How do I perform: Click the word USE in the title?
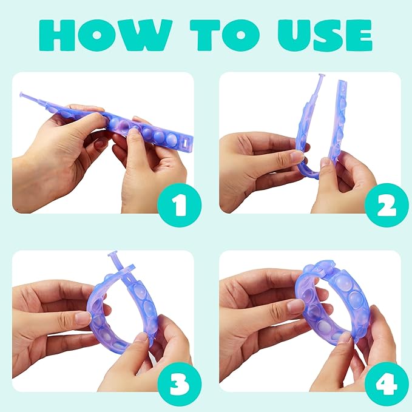(325, 35)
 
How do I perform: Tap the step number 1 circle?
(180, 205)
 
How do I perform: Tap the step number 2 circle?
(387, 205)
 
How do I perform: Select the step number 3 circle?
(180, 384)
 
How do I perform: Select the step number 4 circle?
(387, 384)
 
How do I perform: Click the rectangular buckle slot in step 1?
(186, 143)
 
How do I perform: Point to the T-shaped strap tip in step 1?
(22, 95)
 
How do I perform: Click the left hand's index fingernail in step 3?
(83, 318)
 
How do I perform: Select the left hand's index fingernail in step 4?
(295, 305)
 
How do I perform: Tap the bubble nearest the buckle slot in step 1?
(172, 140)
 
